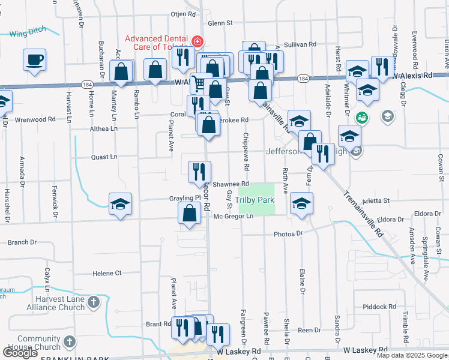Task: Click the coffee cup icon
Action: (35, 61)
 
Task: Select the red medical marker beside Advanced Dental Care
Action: (197, 42)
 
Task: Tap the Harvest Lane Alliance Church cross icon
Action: (94, 302)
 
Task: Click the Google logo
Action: (20, 353)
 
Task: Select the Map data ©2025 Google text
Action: (411, 355)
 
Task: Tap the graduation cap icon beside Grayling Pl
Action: (120, 204)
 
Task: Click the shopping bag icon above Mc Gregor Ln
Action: (190, 214)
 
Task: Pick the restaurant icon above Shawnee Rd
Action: (199, 172)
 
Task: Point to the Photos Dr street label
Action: (288, 233)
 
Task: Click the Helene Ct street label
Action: (107, 273)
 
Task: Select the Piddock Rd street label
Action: (383, 307)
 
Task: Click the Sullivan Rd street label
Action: (300, 44)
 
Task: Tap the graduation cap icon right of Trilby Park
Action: (301, 203)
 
